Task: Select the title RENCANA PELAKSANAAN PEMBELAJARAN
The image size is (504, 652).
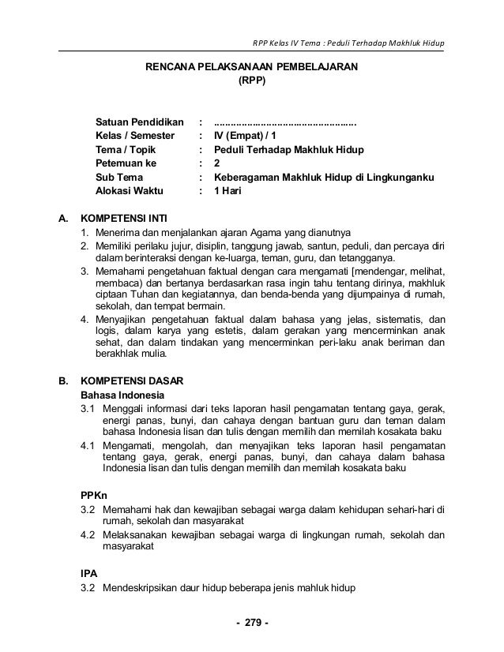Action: point(251,68)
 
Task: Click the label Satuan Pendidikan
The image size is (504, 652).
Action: point(139,123)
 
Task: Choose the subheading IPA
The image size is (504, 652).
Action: point(90,573)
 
